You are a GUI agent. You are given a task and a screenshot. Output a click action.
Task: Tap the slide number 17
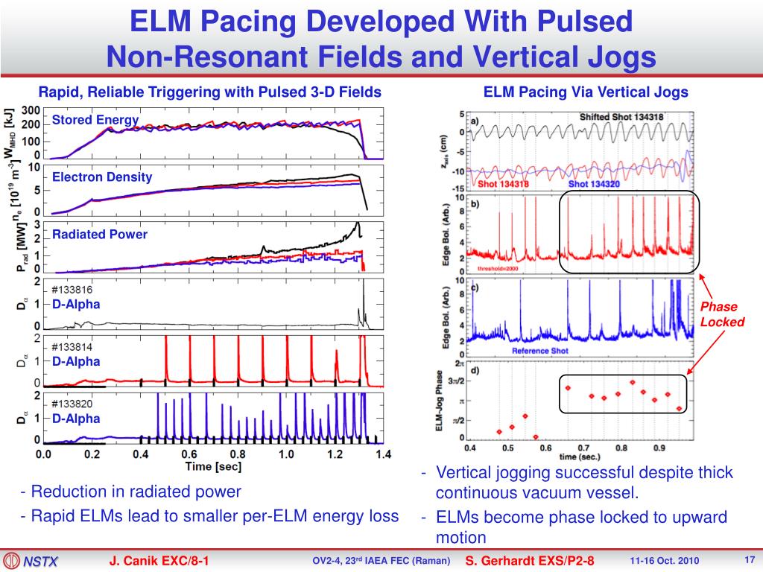pyautogui.click(x=750, y=559)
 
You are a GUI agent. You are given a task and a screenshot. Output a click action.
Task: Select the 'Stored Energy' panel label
pyautogui.click(x=95, y=120)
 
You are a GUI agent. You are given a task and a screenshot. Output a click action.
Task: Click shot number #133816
pyautogui.click(x=72, y=290)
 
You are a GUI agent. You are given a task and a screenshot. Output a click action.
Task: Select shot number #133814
pyautogui.click(x=72, y=347)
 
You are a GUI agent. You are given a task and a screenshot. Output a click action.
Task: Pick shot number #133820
pyautogui.click(x=72, y=404)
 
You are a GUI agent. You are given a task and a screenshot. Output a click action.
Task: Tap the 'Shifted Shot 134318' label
pyautogui.click(x=621, y=118)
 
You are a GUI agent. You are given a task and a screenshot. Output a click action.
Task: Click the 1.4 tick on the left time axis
pyautogui.click(x=382, y=453)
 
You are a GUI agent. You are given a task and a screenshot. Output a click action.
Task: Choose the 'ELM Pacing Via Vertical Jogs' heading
pyautogui.click(x=586, y=92)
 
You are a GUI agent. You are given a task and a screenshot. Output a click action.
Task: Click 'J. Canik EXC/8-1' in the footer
pyautogui.click(x=159, y=560)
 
